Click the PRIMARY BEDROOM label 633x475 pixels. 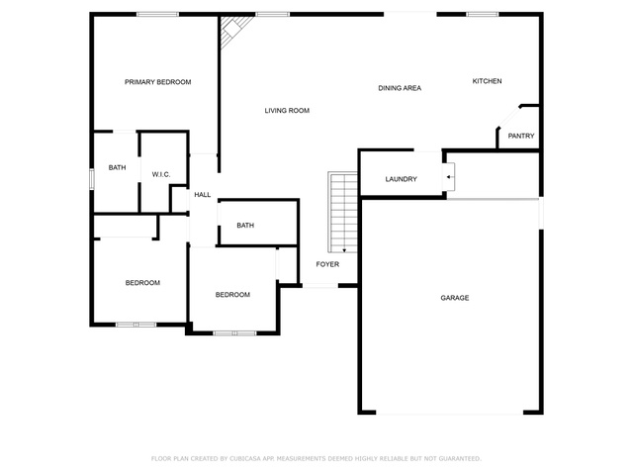(x=158, y=82)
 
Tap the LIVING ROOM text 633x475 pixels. (x=287, y=110)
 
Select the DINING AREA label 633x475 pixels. (x=400, y=88)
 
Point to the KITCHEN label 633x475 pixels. (x=488, y=81)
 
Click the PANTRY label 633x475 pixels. (x=521, y=137)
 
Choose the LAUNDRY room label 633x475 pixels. (x=401, y=179)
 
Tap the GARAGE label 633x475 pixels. (x=455, y=298)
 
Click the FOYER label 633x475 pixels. (x=327, y=264)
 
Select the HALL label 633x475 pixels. (x=202, y=195)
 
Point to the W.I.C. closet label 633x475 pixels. (x=161, y=174)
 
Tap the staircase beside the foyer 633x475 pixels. (x=343, y=213)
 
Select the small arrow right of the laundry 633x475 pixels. (x=450, y=177)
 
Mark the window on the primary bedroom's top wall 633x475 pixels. (x=157, y=15)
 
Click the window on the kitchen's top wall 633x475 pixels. (x=483, y=15)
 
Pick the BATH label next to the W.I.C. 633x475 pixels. (x=117, y=167)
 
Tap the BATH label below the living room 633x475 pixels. (x=245, y=226)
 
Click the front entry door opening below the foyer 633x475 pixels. (x=320, y=286)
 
